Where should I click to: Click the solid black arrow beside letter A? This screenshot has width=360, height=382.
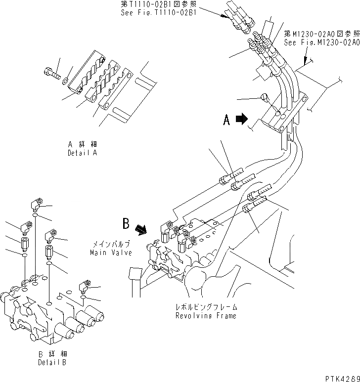(242, 119)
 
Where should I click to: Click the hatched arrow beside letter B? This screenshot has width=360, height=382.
(141, 228)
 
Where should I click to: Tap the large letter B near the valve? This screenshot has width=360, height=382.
(127, 224)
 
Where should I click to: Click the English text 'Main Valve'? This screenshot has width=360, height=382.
(111, 253)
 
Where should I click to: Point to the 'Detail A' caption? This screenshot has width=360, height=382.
(83, 153)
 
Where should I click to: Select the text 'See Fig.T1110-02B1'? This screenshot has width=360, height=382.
(158, 13)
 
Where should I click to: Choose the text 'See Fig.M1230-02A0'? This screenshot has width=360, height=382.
(321, 42)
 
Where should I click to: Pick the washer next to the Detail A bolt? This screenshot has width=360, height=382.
(66, 79)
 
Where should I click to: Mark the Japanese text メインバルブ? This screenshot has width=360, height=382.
(111, 245)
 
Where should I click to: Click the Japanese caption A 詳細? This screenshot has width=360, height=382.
(83, 145)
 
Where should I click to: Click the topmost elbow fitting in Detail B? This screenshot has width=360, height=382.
(37, 204)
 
